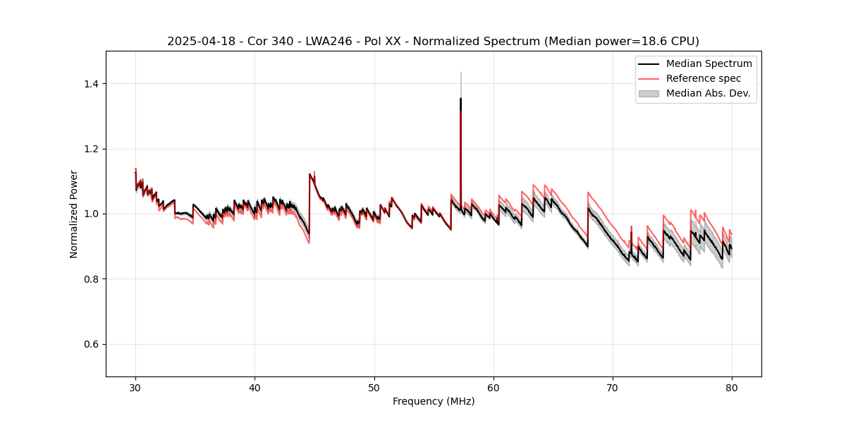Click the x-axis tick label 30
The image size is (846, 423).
coord(135,387)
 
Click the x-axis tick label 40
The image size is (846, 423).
coord(255,387)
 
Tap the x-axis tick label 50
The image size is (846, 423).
coord(374,387)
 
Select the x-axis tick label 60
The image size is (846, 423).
coord(493,387)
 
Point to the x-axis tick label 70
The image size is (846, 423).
coord(613,387)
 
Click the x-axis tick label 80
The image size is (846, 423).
coord(732,387)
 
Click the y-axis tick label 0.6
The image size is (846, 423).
coord(93,344)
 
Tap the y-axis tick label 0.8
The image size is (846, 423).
coord(93,279)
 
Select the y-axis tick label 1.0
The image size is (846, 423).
coord(93,214)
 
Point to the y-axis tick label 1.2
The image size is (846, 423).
coord(93,149)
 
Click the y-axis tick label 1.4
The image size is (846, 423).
coord(93,84)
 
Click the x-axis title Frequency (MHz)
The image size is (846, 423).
coord(434,401)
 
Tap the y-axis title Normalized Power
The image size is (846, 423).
coord(74,214)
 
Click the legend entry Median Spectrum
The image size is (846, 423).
coord(709,63)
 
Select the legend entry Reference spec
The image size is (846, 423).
coord(704,78)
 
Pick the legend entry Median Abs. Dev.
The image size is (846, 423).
coord(708,93)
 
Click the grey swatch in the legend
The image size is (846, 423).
coord(649,93)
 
